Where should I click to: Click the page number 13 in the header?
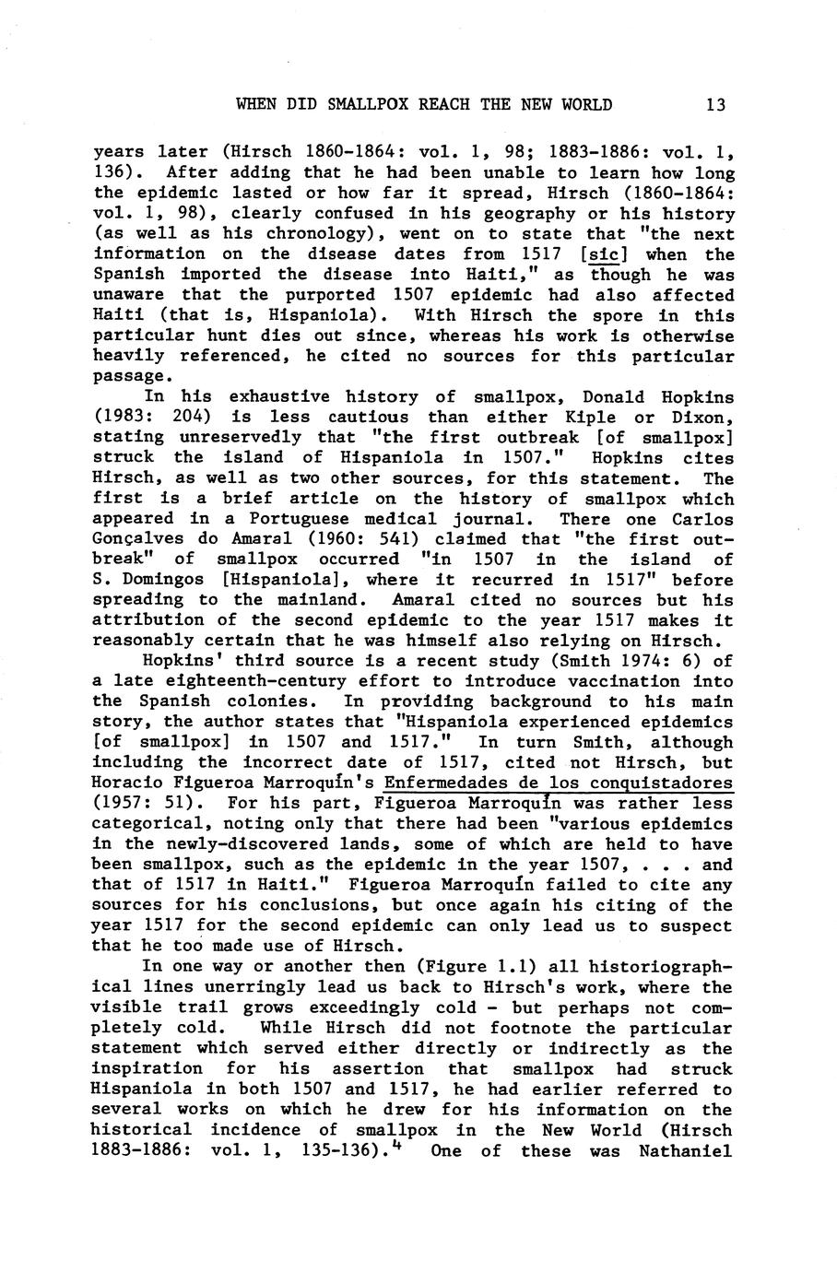pyautogui.click(x=716, y=104)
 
